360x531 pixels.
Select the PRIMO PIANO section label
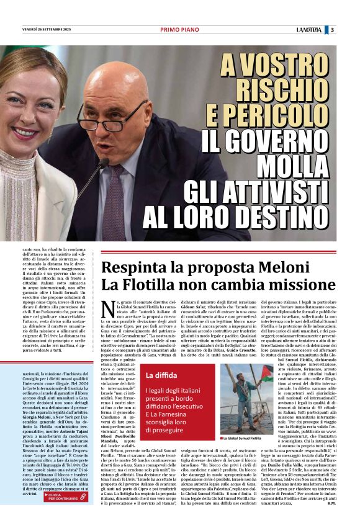pyautogui.click(x=179, y=29)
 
